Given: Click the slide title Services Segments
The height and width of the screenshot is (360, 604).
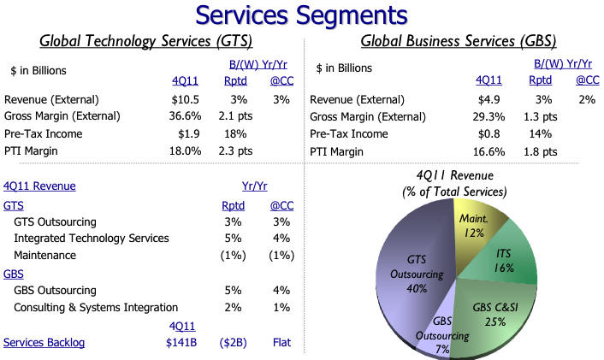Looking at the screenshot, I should [302, 15].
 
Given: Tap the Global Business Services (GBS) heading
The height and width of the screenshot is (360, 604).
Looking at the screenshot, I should [458, 41].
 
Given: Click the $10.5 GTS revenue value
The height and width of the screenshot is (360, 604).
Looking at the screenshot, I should [186, 99].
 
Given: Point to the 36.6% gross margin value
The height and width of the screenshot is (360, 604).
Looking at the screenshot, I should [186, 116].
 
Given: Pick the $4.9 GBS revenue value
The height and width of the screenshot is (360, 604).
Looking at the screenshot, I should [492, 99].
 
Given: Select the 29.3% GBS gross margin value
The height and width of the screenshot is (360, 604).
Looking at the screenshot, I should [490, 116].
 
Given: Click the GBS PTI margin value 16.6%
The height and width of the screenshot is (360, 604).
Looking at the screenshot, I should [490, 151].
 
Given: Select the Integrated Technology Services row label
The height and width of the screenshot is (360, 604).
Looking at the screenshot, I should [92, 238].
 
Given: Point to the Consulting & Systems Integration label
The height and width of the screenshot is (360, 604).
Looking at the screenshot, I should [96, 307].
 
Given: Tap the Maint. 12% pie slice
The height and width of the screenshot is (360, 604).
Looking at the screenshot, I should [472, 226].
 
